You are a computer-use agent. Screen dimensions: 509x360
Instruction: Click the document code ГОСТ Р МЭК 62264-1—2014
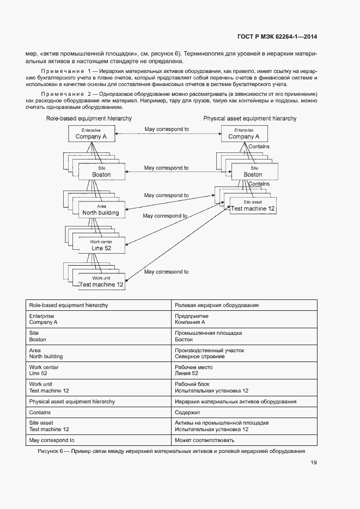[x=277, y=37]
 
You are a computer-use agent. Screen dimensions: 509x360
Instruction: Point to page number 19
[x=314, y=463]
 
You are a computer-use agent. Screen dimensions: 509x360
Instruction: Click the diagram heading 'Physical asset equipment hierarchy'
[x=250, y=118]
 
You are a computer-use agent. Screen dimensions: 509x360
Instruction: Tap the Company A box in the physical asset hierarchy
[x=243, y=134]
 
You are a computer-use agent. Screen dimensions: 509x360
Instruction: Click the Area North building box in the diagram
[x=101, y=210]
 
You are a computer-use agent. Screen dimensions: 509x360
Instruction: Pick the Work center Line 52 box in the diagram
[x=101, y=246]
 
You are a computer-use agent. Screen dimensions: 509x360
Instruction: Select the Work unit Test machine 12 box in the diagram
[x=101, y=281]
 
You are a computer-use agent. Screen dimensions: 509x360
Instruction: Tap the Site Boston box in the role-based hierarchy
[x=101, y=171]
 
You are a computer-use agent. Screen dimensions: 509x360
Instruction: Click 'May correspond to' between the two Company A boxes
[x=167, y=130]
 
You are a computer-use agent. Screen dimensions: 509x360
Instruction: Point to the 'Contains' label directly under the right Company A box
[x=259, y=147]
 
